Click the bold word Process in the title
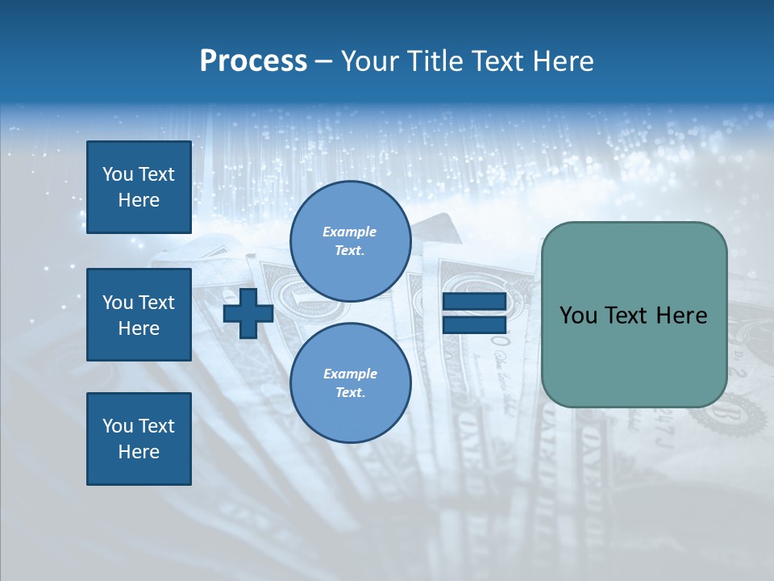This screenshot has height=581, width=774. (253, 61)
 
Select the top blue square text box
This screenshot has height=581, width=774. (139, 187)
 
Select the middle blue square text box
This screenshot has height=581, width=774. (139, 315)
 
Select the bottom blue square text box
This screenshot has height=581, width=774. (139, 439)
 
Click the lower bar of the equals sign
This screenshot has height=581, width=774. (474, 325)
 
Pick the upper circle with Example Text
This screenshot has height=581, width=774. (350, 241)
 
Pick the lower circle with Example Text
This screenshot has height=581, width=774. (350, 382)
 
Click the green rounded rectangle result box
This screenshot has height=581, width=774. (634, 355)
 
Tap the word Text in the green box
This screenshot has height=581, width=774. (630, 316)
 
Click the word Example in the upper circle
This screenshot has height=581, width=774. (350, 232)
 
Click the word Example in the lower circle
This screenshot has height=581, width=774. (350, 374)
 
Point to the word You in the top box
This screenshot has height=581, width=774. (118, 174)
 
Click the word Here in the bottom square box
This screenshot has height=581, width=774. (139, 452)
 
